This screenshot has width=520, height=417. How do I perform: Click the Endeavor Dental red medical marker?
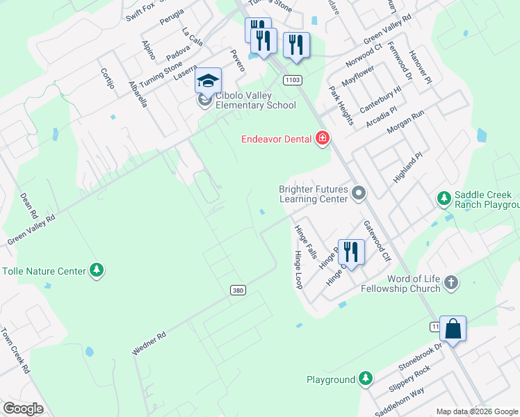click(x=322, y=139)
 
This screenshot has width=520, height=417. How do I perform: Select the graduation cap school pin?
click(x=208, y=82)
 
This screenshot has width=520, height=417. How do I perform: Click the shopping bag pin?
click(x=453, y=329)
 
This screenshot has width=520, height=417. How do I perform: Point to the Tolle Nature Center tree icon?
click(x=97, y=270)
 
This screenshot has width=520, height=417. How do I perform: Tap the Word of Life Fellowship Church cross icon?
click(x=451, y=282)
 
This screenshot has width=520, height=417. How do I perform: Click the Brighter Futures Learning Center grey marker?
click(x=359, y=193)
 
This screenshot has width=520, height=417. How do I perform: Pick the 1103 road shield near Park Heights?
click(x=292, y=81)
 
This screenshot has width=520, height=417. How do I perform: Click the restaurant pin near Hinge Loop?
click(x=350, y=252)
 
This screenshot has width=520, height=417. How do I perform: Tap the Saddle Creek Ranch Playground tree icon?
click(x=444, y=199)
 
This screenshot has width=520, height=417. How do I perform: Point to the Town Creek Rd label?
click(x=15, y=350)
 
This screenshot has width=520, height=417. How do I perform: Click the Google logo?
click(x=23, y=409)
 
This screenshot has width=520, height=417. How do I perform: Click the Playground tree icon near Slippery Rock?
click(x=365, y=379)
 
